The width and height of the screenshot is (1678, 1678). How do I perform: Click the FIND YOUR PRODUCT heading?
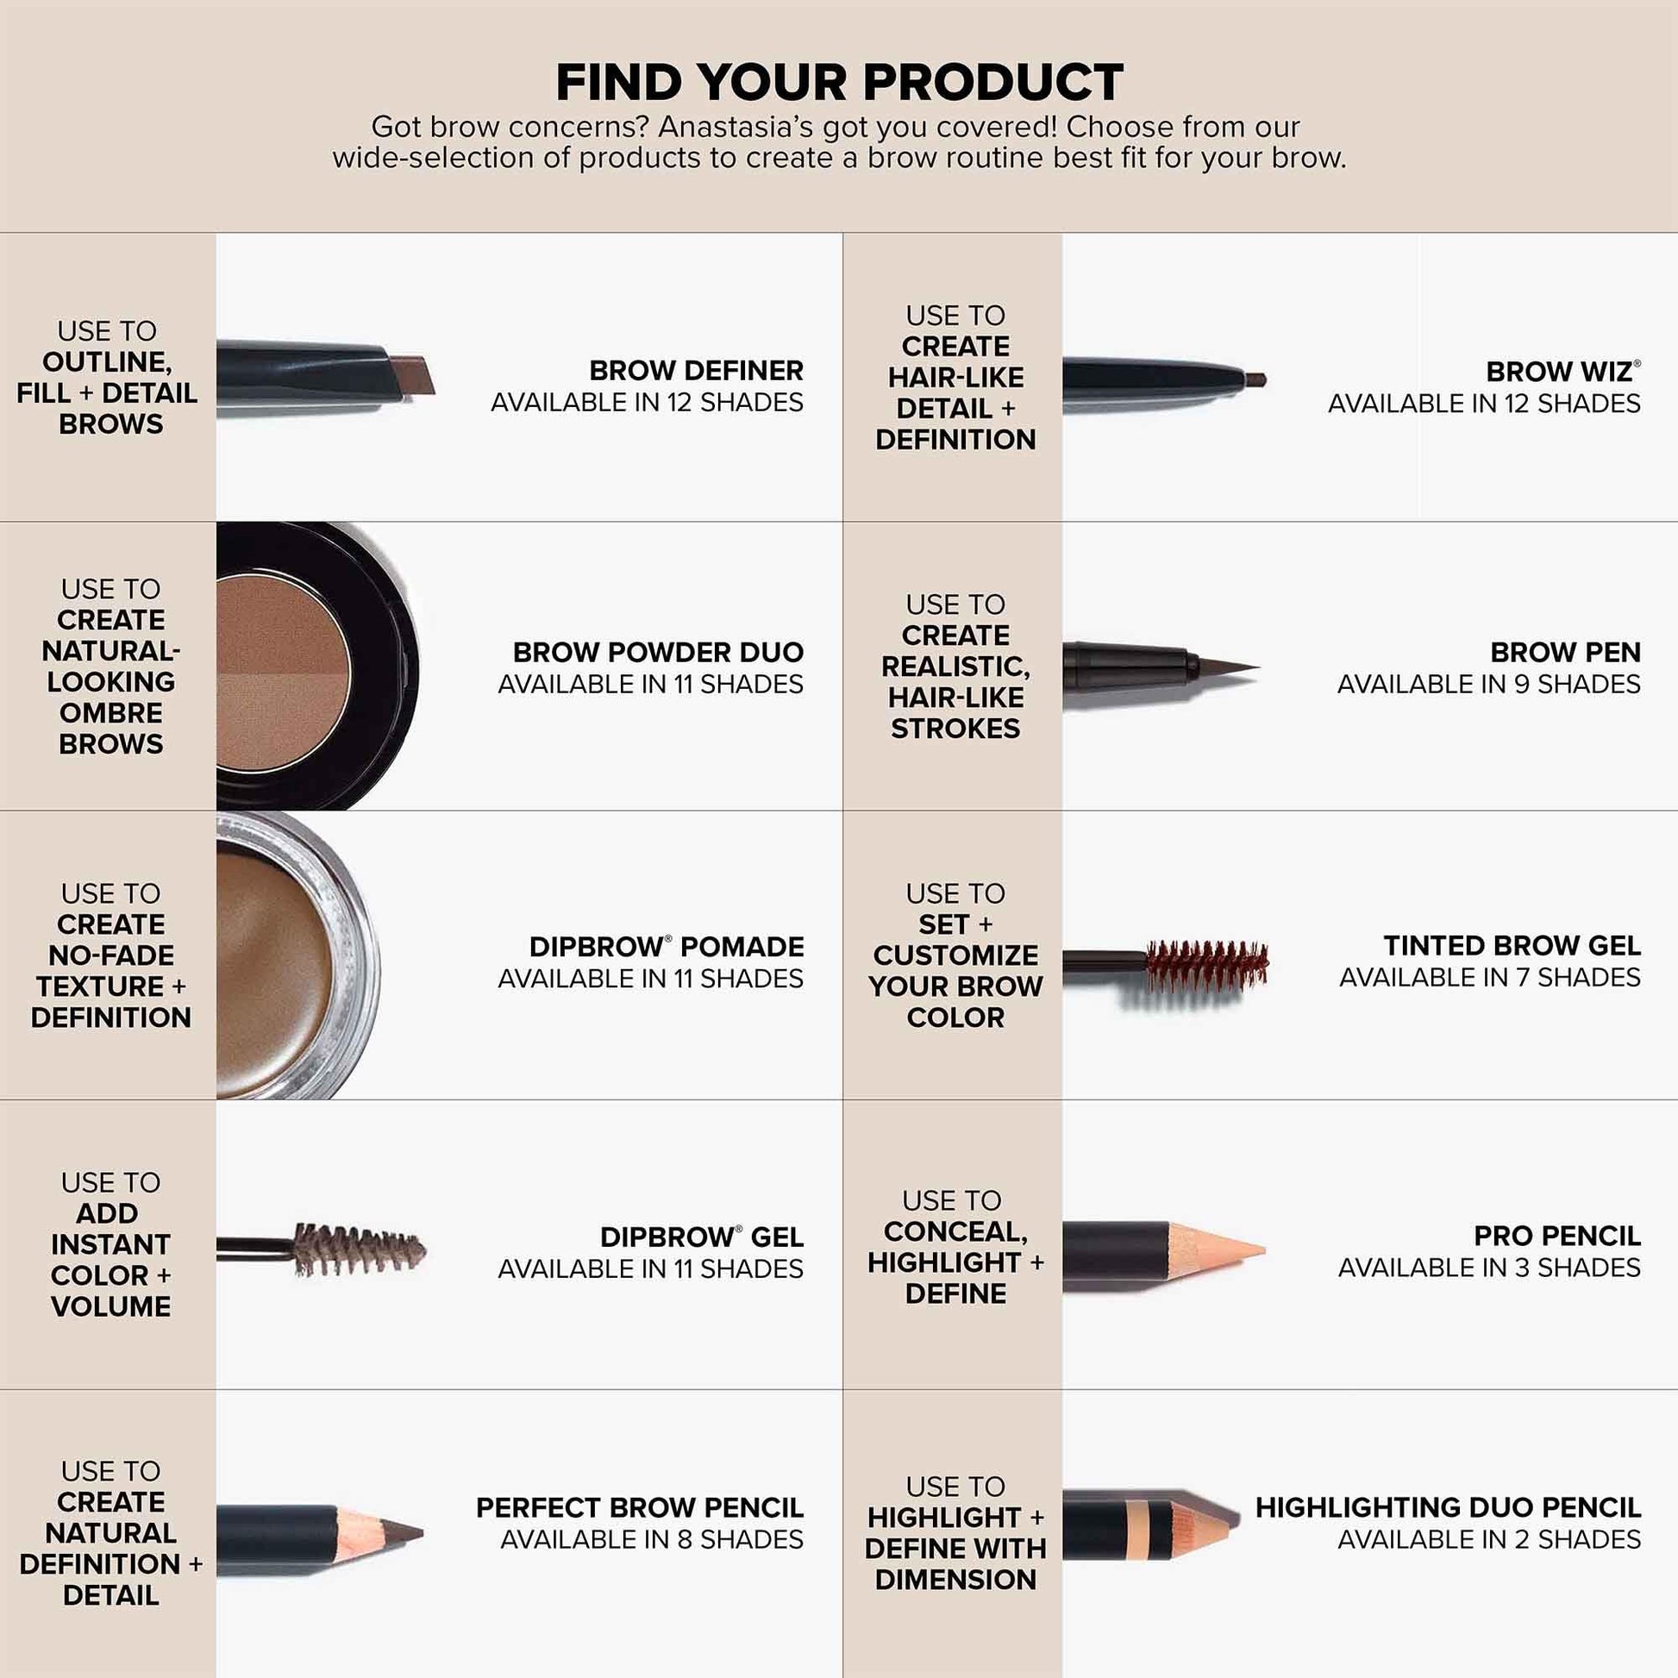coord(839,83)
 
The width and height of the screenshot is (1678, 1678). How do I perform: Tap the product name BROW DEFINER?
coord(696,371)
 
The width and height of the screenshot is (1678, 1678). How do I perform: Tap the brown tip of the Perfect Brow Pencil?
coord(401,1533)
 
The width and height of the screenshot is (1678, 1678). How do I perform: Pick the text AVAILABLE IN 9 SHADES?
coord(1488,685)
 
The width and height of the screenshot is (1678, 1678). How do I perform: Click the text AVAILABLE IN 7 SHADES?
coord(1489,978)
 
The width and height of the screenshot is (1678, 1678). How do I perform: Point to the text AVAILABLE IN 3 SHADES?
coord(1488,1268)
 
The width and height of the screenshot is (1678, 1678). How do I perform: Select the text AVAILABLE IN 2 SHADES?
coord(1488,1540)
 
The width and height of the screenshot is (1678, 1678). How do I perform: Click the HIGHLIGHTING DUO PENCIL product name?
coord(1447,1508)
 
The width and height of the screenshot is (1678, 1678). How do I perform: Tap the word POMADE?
coord(742,947)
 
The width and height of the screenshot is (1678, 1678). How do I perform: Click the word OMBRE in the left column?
coord(110,713)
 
